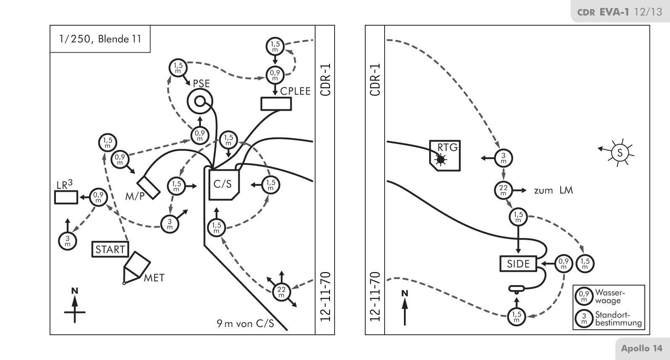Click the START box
point(110,249)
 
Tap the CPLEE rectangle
point(276,103)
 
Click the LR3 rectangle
point(66,197)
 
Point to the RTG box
point(445,155)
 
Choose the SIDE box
point(518,264)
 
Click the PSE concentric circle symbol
point(200,101)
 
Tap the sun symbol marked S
point(620,152)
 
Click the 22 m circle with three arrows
point(281,291)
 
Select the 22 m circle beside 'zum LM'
point(503,191)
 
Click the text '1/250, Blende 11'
point(100,39)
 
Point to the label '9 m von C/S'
point(245,323)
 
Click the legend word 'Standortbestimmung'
point(618,319)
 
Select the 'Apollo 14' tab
point(641,348)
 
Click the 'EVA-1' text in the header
point(614,12)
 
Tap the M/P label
point(134,196)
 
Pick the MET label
point(154,278)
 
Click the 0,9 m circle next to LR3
point(98,197)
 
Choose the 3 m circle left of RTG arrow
point(503,158)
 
